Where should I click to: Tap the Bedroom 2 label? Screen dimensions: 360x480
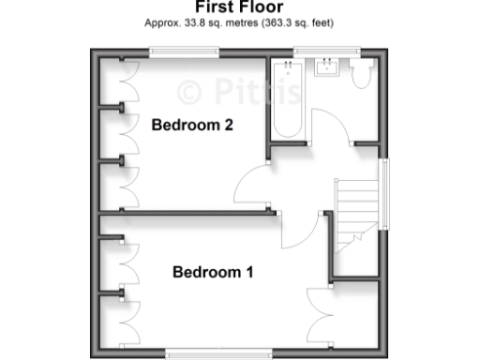(192, 125)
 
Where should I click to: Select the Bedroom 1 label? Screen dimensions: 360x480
(213, 273)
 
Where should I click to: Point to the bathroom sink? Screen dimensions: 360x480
(327, 67)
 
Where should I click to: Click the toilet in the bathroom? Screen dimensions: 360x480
(360, 75)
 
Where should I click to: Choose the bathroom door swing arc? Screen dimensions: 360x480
(330, 127)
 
